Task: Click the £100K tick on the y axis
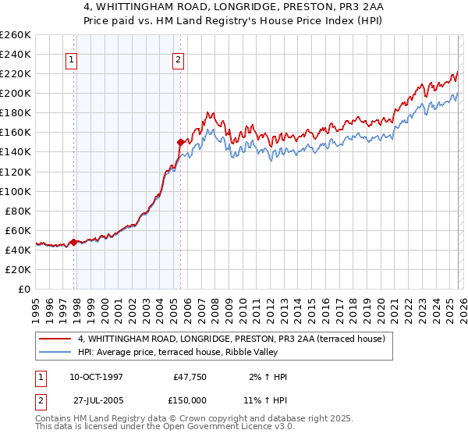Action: (16, 191)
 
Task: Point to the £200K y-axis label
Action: (16, 93)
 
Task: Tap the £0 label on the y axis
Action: (23, 289)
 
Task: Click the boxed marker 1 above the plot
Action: (71, 59)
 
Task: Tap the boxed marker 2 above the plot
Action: (178, 59)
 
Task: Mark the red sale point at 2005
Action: (181, 142)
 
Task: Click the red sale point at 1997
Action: (74, 242)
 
